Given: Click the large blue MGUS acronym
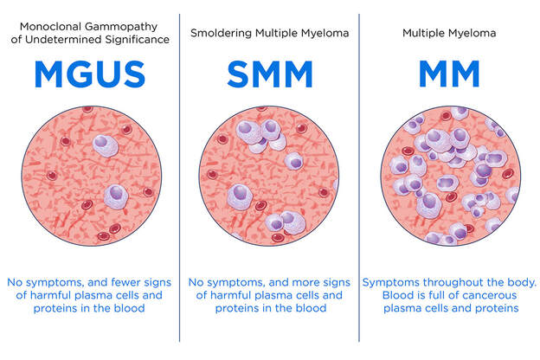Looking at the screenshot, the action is (90, 74).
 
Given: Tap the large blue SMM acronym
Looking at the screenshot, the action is (270, 74).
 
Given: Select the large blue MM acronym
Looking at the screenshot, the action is (449, 74).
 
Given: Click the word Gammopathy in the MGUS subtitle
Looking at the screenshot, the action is (121, 27).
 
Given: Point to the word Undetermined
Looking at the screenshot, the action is (64, 39).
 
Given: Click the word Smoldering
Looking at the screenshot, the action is (222, 33).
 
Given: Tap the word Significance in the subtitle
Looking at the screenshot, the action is (137, 40).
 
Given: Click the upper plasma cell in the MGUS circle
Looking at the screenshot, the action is (106, 145).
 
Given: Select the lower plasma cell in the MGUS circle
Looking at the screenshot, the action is (116, 196).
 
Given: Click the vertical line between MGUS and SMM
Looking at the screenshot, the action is (179, 177).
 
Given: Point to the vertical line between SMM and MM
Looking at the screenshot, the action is (359, 177).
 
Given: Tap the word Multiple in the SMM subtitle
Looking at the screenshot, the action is (277, 33).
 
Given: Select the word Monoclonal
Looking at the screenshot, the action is (51, 27).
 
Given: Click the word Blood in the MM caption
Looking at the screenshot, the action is (395, 295).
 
